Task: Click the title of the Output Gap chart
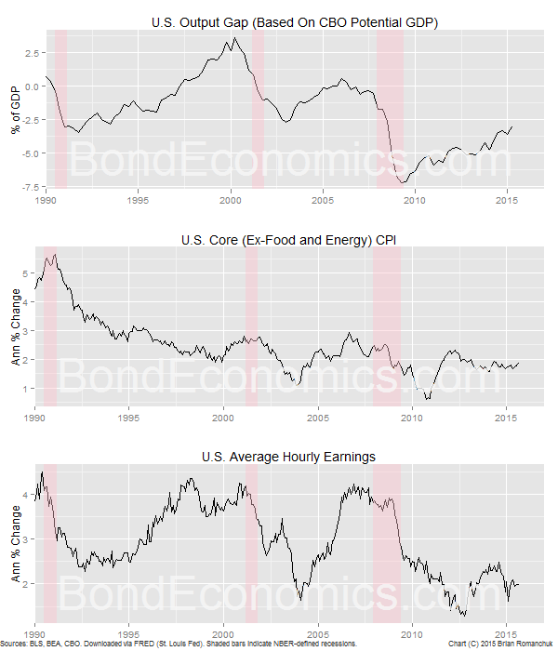(x=295, y=21)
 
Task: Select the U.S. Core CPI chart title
(x=295, y=240)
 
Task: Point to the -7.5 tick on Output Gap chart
(x=29, y=187)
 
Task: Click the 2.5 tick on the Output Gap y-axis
(x=33, y=53)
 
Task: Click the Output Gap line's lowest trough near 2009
(x=401, y=182)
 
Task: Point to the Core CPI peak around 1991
(x=55, y=255)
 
